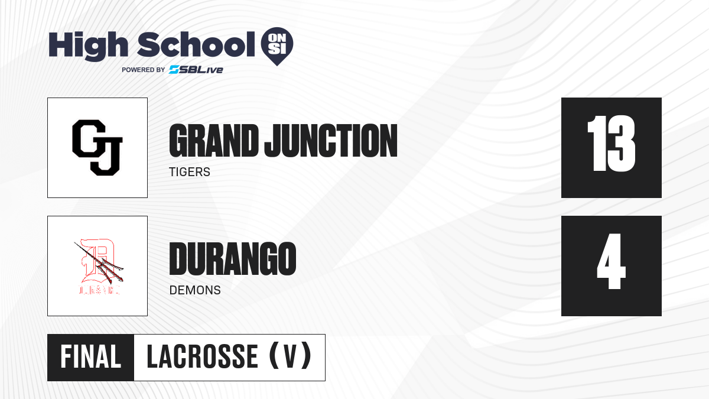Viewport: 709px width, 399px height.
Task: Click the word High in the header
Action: pyautogui.click(x=88, y=46)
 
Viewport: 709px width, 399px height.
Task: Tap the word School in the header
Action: pyautogui.click(x=196, y=45)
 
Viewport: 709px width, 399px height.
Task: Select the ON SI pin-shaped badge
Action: pyautogui.click(x=277, y=46)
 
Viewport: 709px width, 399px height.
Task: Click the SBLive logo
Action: pyautogui.click(x=196, y=69)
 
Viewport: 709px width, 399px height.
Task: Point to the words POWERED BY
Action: pyautogui.click(x=144, y=70)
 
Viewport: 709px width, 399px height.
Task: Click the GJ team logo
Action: pyautogui.click(x=97, y=148)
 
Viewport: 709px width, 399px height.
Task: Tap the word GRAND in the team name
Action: pyautogui.click(x=214, y=141)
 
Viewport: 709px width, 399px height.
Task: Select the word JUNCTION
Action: pyautogui.click(x=331, y=141)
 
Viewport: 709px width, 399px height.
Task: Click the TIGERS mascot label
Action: pyautogui.click(x=190, y=172)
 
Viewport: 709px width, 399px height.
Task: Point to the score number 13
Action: pyautogui.click(x=611, y=144)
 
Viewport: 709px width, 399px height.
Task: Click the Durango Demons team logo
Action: pyautogui.click(x=99, y=267)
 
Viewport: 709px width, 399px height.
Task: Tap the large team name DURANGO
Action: pyautogui.click(x=233, y=259)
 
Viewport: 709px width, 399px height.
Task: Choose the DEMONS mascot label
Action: pyautogui.click(x=195, y=290)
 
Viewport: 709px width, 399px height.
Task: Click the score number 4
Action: pyautogui.click(x=611, y=261)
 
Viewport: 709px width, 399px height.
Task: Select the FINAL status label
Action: pyautogui.click(x=91, y=357)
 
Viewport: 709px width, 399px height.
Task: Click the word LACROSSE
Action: pyautogui.click(x=203, y=357)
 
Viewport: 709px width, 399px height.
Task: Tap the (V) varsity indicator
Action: pyautogui.click(x=290, y=356)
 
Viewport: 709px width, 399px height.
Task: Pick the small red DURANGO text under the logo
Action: pyautogui.click(x=99, y=290)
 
